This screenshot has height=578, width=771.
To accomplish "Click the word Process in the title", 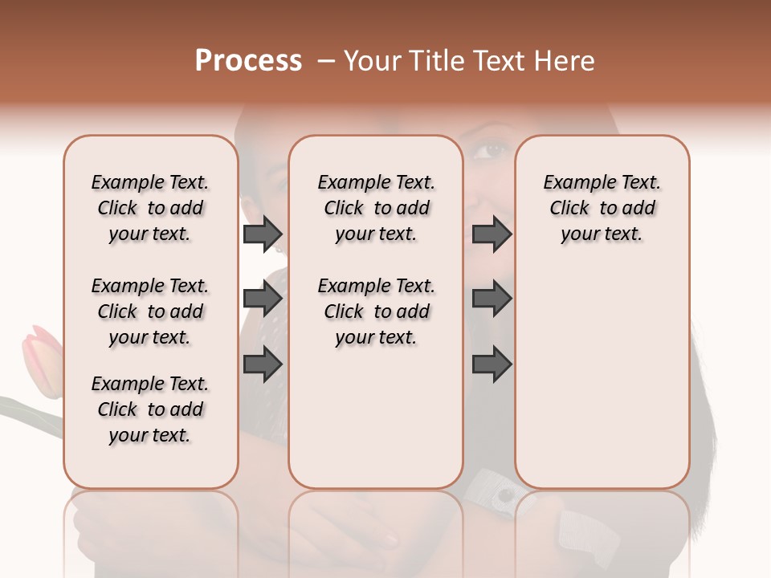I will click(248, 61).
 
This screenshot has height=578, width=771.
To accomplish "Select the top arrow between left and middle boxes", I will click(263, 234).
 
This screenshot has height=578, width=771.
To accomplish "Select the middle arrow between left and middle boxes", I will click(263, 299).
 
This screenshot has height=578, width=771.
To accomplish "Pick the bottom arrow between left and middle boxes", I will click(263, 364).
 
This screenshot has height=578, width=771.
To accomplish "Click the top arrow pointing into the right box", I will click(492, 234).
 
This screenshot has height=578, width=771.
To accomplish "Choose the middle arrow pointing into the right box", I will click(492, 299).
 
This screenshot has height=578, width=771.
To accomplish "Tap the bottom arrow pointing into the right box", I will click(492, 364).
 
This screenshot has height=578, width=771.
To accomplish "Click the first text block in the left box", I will click(150, 208).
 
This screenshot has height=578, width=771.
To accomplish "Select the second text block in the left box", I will click(150, 311).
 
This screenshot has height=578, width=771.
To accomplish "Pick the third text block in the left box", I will click(150, 409).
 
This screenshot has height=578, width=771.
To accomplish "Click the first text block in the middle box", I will click(376, 208).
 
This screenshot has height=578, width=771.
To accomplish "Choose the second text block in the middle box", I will click(376, 311).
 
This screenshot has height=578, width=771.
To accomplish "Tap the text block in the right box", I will click(602, 208).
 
